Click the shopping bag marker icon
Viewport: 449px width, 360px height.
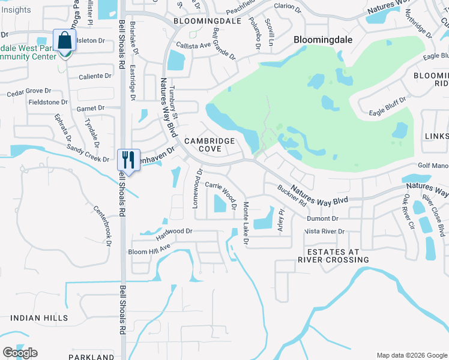tap(64, 41)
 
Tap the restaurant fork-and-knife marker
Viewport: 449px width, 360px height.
tap(128, 160)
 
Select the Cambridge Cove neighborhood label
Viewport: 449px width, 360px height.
tap(209, 145)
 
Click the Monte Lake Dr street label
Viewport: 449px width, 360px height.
tap(246, 223)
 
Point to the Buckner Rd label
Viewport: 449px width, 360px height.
tap(292, 197)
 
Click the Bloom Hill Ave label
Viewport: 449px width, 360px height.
tap(149, 247)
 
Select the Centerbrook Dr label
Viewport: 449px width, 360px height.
tap(102, 226)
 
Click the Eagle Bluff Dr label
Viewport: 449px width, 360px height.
tap(387, 106)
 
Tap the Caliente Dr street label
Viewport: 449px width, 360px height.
tap(95, 76)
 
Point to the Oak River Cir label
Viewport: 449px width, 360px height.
tap(409, 212)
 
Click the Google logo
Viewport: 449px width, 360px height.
tap(20, 353)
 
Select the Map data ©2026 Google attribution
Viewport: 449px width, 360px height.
tap(411, 355)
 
